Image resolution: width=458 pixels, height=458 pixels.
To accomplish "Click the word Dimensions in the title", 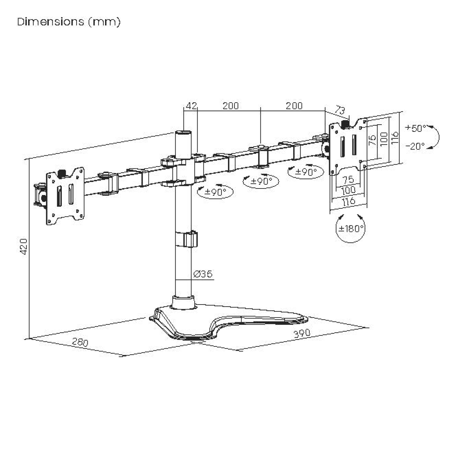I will tap(51, 22).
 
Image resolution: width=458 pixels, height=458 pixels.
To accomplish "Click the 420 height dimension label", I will tap(24, 247).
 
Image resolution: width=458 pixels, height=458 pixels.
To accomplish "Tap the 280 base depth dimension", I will tap(80, 342).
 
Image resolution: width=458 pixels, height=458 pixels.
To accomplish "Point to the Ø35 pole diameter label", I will tap(203, 274).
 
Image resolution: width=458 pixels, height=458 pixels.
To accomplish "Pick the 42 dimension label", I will tap(191, 106).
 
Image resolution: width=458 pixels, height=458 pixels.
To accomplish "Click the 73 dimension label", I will tap(340, 111).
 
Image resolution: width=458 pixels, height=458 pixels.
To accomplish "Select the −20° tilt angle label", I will tap(415, 146).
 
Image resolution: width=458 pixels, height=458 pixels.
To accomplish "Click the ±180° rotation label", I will tap(351, 228).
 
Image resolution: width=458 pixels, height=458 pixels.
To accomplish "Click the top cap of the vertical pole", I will tap(184, 133).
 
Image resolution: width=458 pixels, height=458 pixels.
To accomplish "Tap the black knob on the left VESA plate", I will tap(61, 172).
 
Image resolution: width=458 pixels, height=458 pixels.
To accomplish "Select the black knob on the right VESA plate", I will tap(345, 124).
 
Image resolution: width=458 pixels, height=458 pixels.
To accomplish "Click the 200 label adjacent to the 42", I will tap(231, 106).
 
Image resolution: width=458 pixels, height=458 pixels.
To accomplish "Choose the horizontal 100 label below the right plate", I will tap(348, 190).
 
